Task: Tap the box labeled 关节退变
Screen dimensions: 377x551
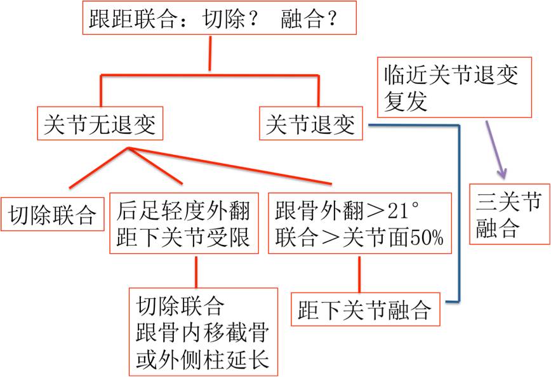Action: click(x=311, y=125)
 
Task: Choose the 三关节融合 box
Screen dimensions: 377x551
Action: click(x=509, y=215)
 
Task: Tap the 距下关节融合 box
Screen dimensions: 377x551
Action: click(x=365, y=310)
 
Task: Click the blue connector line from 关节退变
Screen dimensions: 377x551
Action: click(x=457, y=209)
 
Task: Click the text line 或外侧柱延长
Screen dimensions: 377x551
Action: click(x=203, y=360)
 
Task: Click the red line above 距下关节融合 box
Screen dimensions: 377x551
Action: click(x=360, y=272)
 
